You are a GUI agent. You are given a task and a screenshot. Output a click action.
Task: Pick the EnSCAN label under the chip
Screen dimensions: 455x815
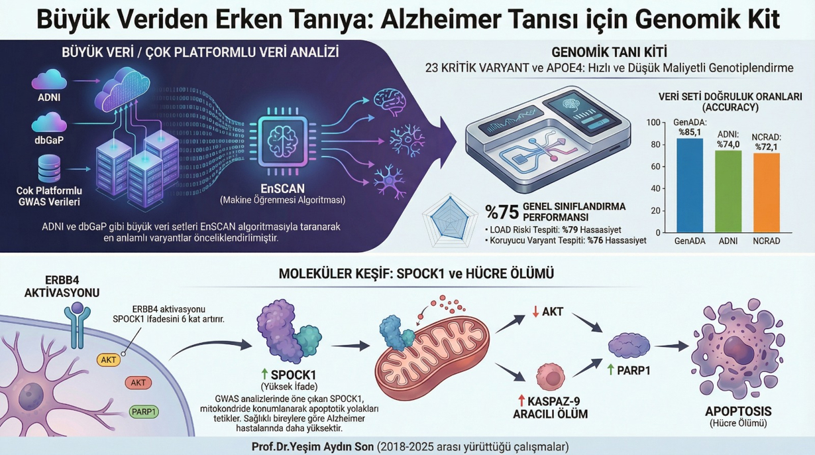[284, 188]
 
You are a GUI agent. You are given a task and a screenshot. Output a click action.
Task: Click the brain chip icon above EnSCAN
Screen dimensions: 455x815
[283, 140]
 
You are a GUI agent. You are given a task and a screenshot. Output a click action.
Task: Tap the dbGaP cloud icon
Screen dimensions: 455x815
[49, 123]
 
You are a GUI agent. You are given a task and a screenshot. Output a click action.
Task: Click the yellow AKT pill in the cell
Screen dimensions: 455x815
[109, 360]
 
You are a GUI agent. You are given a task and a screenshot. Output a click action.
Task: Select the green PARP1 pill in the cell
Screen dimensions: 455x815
[144, 412]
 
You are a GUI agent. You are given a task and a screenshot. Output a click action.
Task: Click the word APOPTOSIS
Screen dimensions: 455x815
[737, 411]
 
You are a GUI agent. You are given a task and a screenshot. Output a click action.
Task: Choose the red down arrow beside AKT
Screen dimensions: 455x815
[535, 310]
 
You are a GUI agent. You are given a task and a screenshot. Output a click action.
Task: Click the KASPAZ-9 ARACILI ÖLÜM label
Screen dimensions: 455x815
[551, 408]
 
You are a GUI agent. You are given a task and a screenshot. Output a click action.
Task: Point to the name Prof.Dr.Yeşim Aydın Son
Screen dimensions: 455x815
[313, 446]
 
